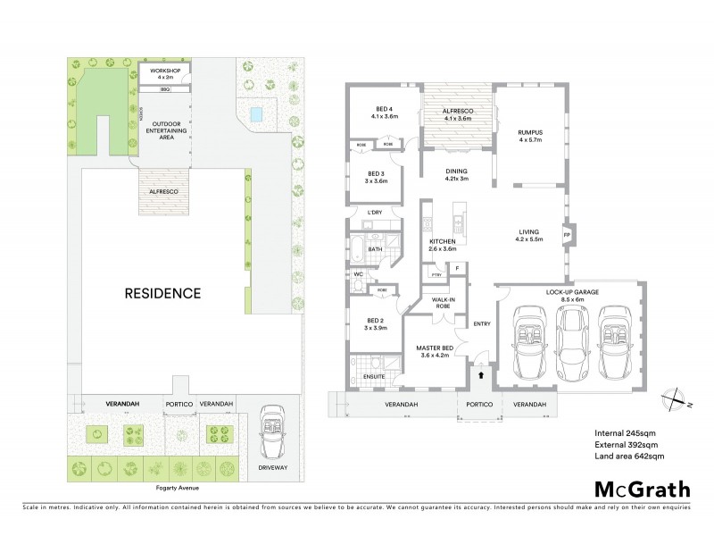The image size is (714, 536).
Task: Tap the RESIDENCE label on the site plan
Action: tap(162, 292)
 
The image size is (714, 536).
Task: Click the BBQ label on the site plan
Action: tap(164, 89)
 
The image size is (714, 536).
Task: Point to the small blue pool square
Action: tap(258, 114)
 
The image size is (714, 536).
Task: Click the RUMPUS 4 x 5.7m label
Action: tap(530, 136)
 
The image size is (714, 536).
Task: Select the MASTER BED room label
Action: tap(436, 352)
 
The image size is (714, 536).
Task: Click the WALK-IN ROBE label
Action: tap(444, 304)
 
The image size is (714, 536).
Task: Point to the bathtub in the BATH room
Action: tap(358, 247)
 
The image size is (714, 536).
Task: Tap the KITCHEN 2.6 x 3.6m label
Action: tap(444, 245)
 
